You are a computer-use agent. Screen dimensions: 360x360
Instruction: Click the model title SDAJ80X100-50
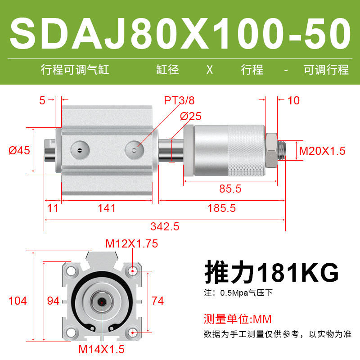pyautogui.click(x=180, y=33)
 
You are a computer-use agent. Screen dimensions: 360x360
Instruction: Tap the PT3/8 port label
pyautogui.click(x=179, y=100)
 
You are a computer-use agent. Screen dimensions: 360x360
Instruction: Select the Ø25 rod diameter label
pyautogui.click(x=190, y=116)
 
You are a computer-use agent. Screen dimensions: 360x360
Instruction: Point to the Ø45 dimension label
pyautogui.click(x=19, y=151)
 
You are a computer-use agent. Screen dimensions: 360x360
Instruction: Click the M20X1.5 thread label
pyautogui.click(x=322, y=151)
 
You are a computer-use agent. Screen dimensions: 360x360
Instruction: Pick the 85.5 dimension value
pyautogui.click(x=230, y=189)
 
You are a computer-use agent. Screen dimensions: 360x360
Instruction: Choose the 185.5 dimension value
pyautogui.click(x=221, y=208)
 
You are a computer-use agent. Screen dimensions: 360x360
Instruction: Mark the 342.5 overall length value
pyautogui.click(x=165, y=227)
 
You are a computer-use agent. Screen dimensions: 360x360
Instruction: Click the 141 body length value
pyautogui.click(x=107, y=208)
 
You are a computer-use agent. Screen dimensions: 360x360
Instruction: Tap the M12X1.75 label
pyautogui.click(x=132, y=243)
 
